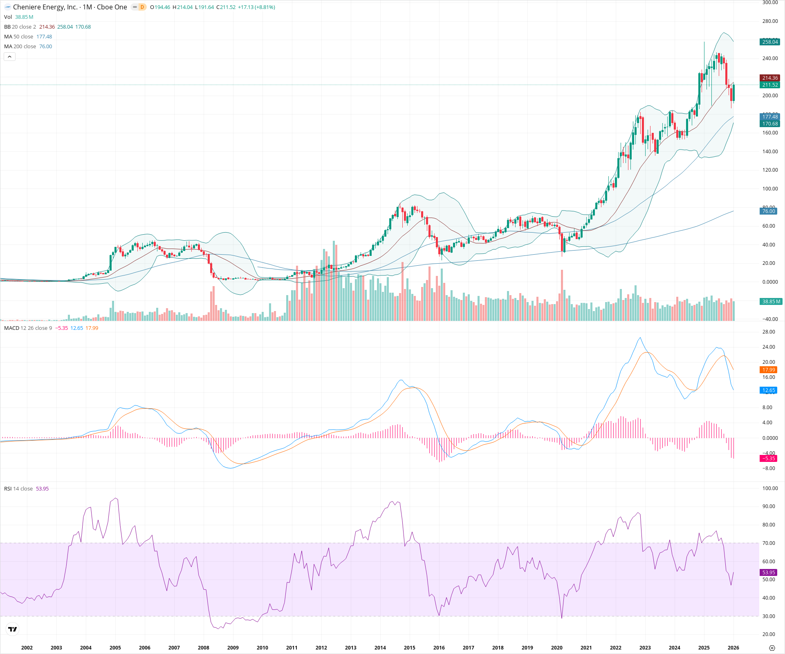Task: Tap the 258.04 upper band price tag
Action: click(770, 42)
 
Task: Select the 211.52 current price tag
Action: click(770, 85)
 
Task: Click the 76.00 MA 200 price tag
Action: click(768, 211)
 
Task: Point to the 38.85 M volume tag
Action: click(771, 302)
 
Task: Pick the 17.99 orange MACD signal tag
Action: click(769, 370)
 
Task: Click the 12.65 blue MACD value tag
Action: click(769, 390)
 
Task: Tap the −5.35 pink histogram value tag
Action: click(769, 458)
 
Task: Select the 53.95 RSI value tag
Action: click(769, 573)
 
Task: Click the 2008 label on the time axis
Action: click(204, 647)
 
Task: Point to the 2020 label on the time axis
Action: click(556, 647)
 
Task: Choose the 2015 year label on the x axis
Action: click(409, 647)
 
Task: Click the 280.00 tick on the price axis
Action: click(770, 21)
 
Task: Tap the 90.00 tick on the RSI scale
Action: click(769, 506)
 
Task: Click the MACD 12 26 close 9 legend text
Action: click(28, 328)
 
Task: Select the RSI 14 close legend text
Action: click(18, 489)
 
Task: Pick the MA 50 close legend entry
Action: click(19, 37)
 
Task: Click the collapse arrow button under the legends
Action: click(10, 57)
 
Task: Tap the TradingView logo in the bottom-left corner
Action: click(13, 629)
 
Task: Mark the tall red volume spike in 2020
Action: click(562, 294)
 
